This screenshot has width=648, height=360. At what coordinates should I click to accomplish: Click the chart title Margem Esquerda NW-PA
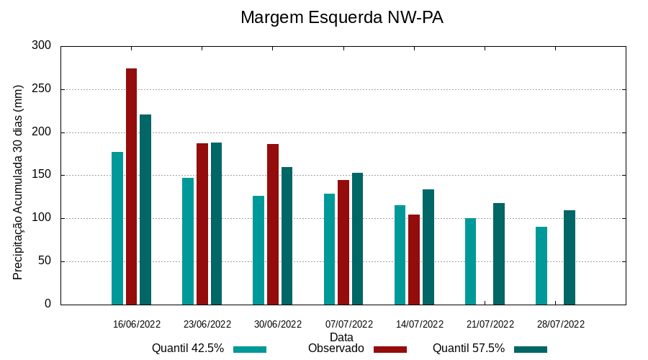[341, 17]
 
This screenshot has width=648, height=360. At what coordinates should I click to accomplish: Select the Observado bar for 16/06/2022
[131, 186]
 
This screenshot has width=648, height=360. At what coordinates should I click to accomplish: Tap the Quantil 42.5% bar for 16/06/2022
[117, 228]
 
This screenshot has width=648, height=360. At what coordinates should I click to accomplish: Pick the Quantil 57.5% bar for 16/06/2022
[145, 210]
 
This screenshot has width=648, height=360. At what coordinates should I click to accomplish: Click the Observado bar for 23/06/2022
[202, 224]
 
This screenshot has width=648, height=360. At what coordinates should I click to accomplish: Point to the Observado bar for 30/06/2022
[273, 224]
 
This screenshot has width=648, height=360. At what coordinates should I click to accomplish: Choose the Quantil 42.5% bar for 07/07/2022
[329, 249]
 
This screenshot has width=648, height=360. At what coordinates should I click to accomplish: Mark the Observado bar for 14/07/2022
[414, 259]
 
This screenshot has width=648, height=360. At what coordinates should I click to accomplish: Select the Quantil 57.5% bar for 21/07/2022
[499, 253]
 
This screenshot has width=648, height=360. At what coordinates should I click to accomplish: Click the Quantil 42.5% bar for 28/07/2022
[541, 266]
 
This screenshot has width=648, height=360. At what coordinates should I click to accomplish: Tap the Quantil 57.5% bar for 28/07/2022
[570, 257]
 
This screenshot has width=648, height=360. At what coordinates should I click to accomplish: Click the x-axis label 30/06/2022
[278, 324]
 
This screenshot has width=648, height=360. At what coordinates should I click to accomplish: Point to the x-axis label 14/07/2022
[420, 324]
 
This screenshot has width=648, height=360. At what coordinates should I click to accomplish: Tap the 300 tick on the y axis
[42, 46]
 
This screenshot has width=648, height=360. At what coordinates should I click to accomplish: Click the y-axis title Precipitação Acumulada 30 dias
[19, 182]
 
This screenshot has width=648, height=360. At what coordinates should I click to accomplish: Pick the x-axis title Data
[341, 337]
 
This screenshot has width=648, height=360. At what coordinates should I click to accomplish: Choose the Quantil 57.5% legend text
[468, 348]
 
